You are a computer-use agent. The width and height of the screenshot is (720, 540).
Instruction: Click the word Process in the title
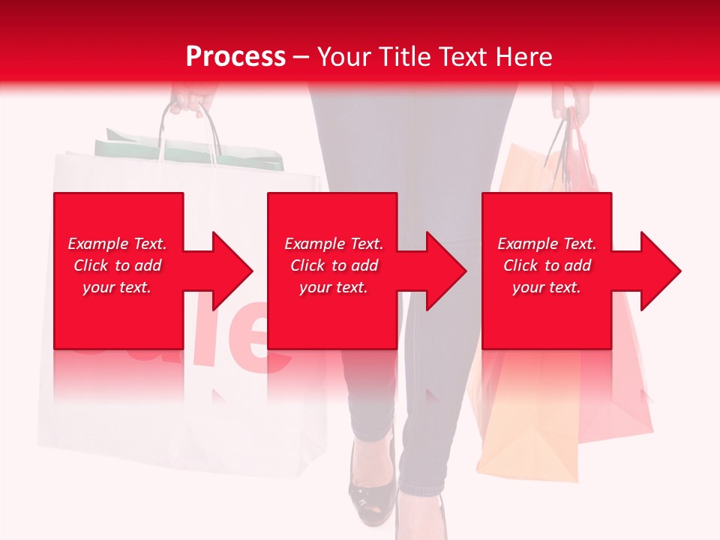[235, 57]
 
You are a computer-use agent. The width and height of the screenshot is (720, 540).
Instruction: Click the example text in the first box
[117, 265]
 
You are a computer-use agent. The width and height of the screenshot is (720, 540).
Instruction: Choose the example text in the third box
[547, 265]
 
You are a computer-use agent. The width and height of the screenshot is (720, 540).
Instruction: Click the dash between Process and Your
[301, 57]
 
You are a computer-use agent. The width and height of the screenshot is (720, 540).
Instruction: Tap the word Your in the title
[343, 57]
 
